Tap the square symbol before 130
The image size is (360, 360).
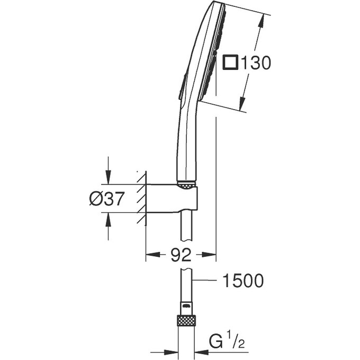(230, 63)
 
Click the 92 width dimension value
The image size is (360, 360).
(181, 256)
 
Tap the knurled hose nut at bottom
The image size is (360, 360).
(186, 320)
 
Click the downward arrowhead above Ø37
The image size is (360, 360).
(109, 178)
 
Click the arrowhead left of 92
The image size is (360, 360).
(151, 256)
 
